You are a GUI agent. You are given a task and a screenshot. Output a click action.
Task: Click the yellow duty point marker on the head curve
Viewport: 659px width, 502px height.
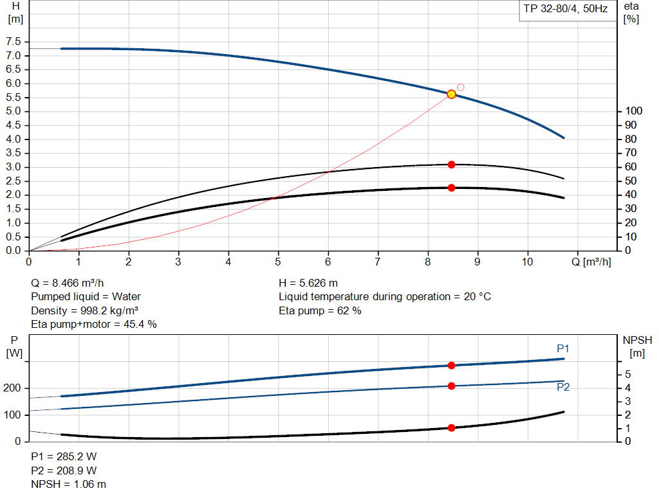[x=451, y=94]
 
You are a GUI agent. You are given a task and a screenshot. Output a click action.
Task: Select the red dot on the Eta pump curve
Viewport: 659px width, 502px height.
[x=451, y=165]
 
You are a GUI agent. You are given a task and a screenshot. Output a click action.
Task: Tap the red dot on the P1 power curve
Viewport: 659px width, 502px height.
[x=451, y=365]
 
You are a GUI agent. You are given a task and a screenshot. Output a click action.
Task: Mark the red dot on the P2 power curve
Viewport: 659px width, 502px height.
[x=451, y=386]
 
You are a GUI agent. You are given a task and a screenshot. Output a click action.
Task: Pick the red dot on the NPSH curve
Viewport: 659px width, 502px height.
[x=451, y=427]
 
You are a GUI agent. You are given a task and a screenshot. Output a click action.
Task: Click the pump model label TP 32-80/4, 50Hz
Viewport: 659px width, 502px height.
[x=566, y=10]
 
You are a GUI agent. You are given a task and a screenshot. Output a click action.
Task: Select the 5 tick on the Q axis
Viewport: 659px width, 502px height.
[x=278, y=262]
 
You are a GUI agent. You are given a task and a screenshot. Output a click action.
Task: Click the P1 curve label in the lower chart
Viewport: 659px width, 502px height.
[x=562, y=348]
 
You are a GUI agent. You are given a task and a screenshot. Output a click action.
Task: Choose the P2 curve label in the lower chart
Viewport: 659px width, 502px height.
[x=562, y=387]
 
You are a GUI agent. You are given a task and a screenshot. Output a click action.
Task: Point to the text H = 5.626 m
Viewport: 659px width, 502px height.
[x=308, y=283]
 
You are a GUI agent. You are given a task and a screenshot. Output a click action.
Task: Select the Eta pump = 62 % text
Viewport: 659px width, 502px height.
[x=320, y=310]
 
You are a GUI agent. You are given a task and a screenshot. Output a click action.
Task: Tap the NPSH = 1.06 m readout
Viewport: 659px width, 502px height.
[x=69, y=484]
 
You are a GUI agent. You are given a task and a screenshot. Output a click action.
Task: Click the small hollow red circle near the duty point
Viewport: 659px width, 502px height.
[x=461, y=87]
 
